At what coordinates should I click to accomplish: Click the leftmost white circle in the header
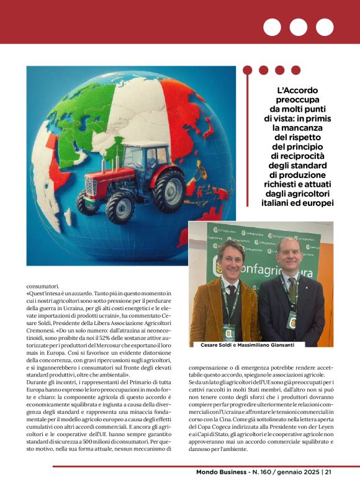point(272,27)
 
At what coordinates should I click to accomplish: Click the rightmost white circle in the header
point(325,27)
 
